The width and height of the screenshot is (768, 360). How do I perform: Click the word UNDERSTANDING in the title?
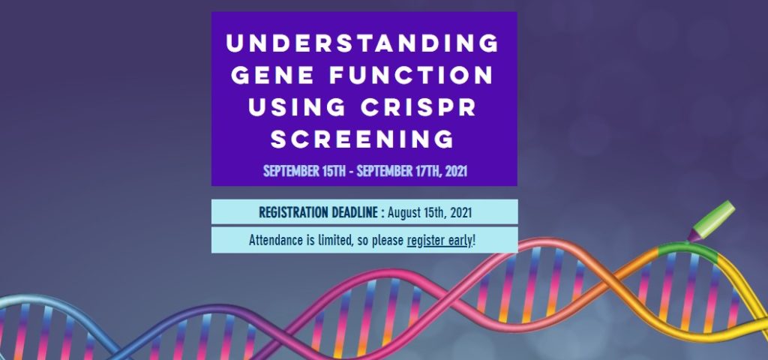(x=362, y=43)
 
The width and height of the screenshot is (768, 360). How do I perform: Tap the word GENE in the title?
(x=272, y=76)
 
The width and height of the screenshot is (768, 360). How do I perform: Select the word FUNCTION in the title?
(x=412, y=76)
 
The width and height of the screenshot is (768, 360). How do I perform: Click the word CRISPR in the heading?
(x=418, y=107)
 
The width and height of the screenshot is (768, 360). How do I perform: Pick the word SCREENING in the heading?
(x=362, y=139)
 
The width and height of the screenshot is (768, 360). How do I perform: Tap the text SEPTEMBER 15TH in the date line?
(x=304, y=171)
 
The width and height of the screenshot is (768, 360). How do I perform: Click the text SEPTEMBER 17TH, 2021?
(x=412, y=171)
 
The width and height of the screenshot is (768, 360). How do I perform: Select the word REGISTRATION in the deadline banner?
(x=294, y=212)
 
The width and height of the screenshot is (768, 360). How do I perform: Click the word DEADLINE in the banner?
(x=355, y=212)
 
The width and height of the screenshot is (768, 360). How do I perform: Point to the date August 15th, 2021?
(x=430, y=213)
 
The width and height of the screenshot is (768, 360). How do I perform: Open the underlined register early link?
(x=439, y=241)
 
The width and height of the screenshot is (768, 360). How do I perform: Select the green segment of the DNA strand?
(x=688, y=250)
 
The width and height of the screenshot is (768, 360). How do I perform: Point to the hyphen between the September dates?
(x=351, y=172)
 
